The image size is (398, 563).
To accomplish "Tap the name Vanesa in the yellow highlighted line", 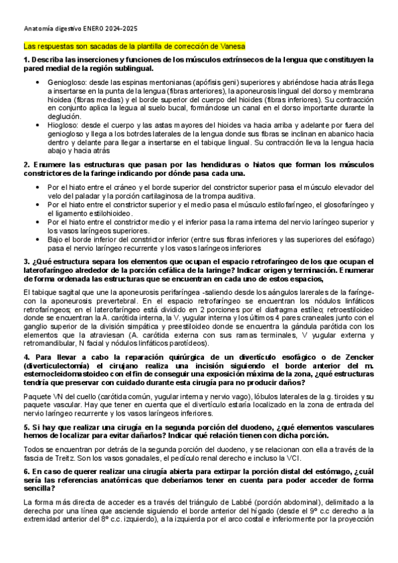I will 233,46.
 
